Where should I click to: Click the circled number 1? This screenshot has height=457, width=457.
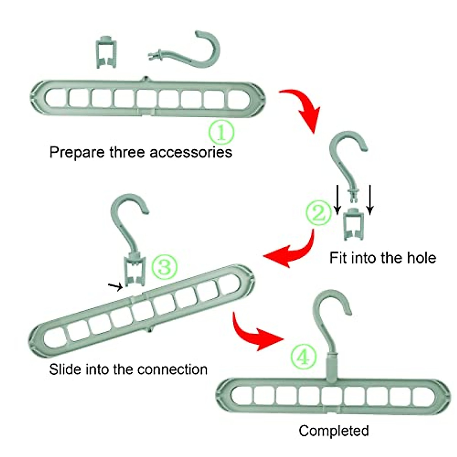coord(221,132)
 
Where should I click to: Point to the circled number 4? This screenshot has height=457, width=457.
coord(304,358)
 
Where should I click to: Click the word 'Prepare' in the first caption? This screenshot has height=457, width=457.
coord(77,152)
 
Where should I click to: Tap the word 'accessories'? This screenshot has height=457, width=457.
coord(190,152)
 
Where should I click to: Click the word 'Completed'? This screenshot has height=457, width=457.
coord(334,431)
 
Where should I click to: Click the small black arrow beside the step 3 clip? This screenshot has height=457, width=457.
coord(115,287)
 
